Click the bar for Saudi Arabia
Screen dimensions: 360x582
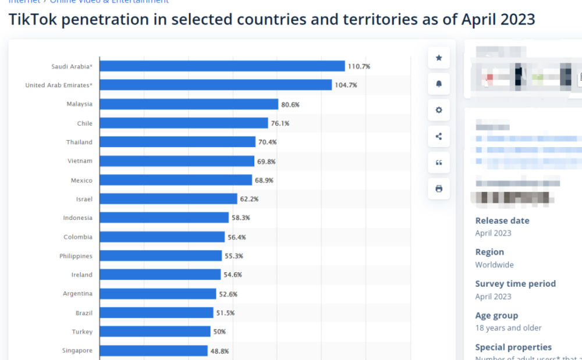click(222, 66)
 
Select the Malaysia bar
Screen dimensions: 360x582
click(189, 104)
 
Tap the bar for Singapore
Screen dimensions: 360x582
click(154, 351)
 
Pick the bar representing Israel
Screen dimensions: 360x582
click(169, 199)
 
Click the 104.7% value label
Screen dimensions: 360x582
click(346, 85)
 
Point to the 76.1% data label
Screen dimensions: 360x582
click(280, 123)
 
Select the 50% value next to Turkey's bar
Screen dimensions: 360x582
click(219, 332)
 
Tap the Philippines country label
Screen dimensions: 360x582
click(76, 256)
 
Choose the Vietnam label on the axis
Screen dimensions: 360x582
click(80, 161)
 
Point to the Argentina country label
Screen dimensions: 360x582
click(77, 294)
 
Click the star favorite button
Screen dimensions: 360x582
click(439, 58)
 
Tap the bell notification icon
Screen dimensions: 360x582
click(439, 84)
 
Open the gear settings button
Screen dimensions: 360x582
click(439, 110)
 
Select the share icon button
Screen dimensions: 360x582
click(439, 137)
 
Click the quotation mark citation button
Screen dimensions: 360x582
click(439, 163)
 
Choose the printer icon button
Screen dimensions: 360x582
click(439, 188)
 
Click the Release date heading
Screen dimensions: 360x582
click(502, 220)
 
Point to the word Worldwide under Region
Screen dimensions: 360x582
click(495, 265)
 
